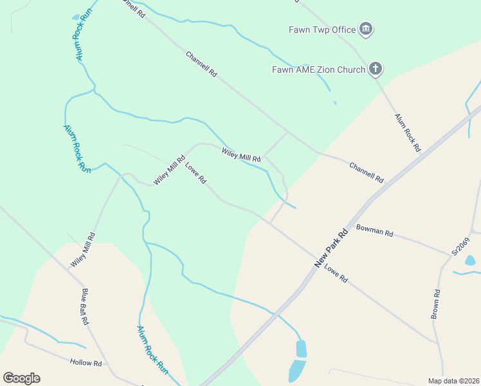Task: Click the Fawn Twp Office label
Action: (x=322, y=30)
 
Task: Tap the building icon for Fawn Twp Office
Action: (x=366, y=30)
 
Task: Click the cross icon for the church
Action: (x=376, y=69)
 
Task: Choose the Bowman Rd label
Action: (x=374, y=230)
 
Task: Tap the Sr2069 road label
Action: (x=460, y=248)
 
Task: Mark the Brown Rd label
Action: (x=436, y=305)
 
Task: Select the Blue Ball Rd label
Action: (x=84, y=308)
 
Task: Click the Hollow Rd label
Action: (x=86, y=363)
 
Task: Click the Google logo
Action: (x=21, y=378)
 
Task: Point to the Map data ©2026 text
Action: (x=453, y=381)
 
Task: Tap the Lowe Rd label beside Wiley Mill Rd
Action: (x=195, y=173)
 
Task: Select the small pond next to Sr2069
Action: (x=470, y=261)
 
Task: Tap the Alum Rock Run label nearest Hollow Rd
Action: (x=152, y=350)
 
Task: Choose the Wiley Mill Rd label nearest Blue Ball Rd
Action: (x=83, y=250)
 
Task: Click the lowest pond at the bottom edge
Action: (x=296, y=371)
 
